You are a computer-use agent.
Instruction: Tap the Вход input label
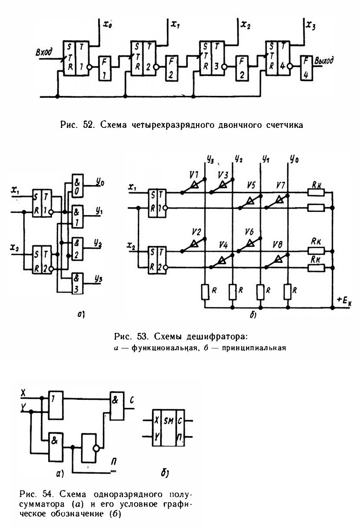coord(44,52)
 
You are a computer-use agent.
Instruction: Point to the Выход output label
coord(324,60)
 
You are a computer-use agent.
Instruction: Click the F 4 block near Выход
coord(306,68)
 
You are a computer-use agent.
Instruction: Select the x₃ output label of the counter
coord(310,25)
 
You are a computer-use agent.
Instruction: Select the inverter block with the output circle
coord(89,448)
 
